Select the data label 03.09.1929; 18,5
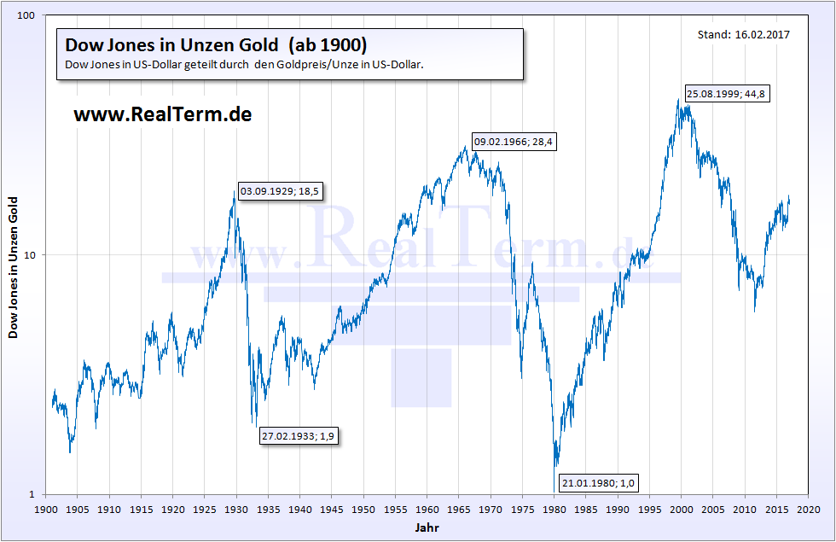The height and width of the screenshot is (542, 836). [280, 191]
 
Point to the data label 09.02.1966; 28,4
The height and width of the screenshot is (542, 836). [514, 143]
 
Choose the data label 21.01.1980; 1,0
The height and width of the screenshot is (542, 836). [598, 484]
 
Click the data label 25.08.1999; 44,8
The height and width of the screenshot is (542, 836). [727, 94]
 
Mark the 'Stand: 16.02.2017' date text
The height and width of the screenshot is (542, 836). [743, 35]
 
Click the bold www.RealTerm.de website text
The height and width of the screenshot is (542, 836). [162, 114]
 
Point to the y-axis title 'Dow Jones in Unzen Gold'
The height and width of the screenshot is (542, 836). [14, 267]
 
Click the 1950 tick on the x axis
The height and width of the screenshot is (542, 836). [364, 509]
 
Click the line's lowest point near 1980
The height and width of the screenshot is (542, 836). [556, 467]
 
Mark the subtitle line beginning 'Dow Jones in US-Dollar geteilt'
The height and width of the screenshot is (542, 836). [244, 65]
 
